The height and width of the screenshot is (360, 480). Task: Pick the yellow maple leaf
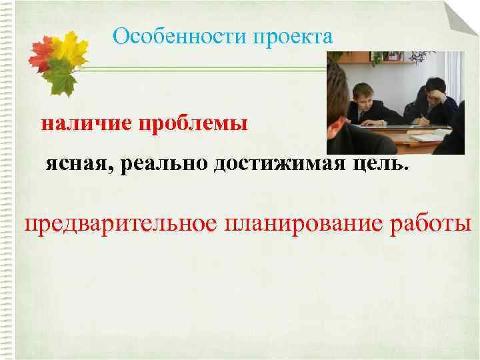(71, 48)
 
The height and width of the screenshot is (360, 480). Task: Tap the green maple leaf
(61, 77)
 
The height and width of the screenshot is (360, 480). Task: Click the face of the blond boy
(369, 94)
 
